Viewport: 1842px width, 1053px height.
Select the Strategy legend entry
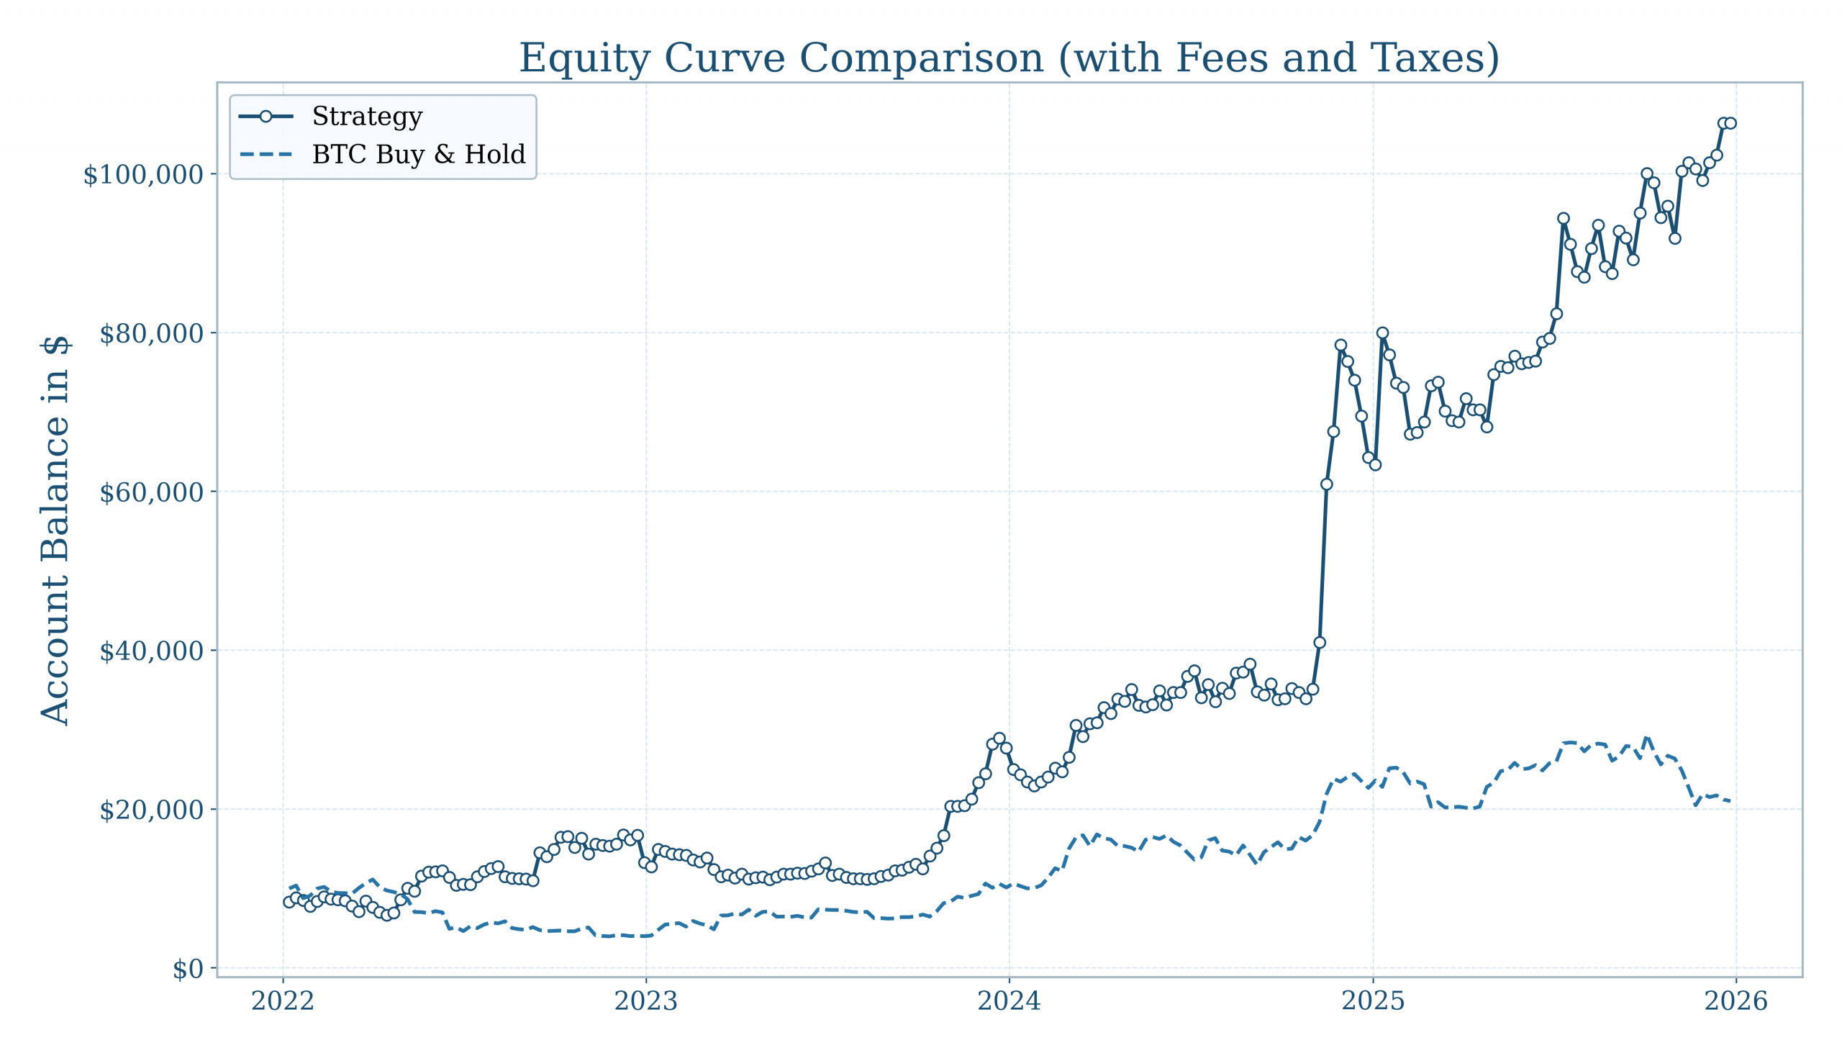coord(366,117)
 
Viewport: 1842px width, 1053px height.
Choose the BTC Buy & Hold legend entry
coord(418,155)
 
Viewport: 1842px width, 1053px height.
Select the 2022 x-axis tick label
coord(283,1002)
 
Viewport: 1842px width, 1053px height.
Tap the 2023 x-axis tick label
coord(646,1002)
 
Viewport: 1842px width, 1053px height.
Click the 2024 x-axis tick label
coord(1010,1002)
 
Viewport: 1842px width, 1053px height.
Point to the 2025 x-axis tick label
coord(1373,1002)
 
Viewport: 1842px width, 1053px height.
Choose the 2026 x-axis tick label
coord(1736,1002)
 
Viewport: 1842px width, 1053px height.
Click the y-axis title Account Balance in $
coord(55,530)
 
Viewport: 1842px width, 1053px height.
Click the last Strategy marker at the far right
coord(1730,124)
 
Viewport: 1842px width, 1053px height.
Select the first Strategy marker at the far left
coord(289,902)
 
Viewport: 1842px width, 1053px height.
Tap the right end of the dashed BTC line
coord(1729,800)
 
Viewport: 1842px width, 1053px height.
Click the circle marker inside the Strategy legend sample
coord(266,117)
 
